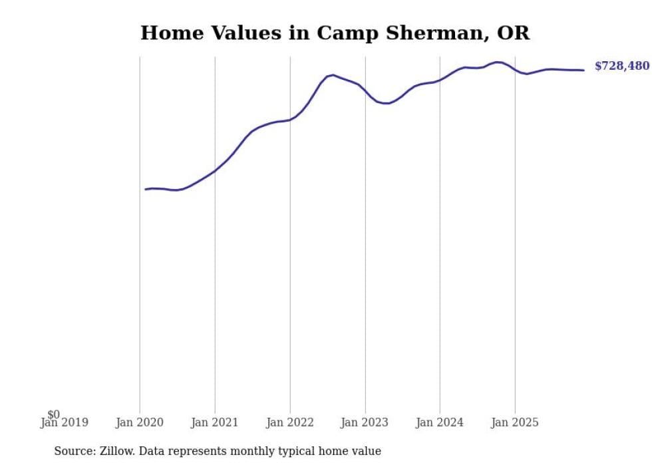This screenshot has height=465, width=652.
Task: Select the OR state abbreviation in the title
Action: pos(513,33)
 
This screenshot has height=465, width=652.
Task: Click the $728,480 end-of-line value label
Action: pos(621,66)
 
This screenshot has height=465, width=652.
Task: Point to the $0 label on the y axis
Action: pos(53,414)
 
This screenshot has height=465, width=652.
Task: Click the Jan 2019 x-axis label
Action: pos(65,422)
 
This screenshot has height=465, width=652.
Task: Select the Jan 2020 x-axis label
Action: pos(140,422)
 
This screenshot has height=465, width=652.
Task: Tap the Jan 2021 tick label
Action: pos(215,422)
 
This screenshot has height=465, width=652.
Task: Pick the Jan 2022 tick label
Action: pos(290,422)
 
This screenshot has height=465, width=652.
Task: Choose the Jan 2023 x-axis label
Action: pos(365,422)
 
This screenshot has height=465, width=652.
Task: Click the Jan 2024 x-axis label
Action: pos(440,422)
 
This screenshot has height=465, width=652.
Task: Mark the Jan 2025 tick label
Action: pos(515,422)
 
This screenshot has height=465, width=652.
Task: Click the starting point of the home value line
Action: pos(146,190)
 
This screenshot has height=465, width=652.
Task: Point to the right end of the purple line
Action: pos(583,70)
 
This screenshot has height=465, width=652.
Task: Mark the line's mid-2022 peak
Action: pos(333,75)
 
